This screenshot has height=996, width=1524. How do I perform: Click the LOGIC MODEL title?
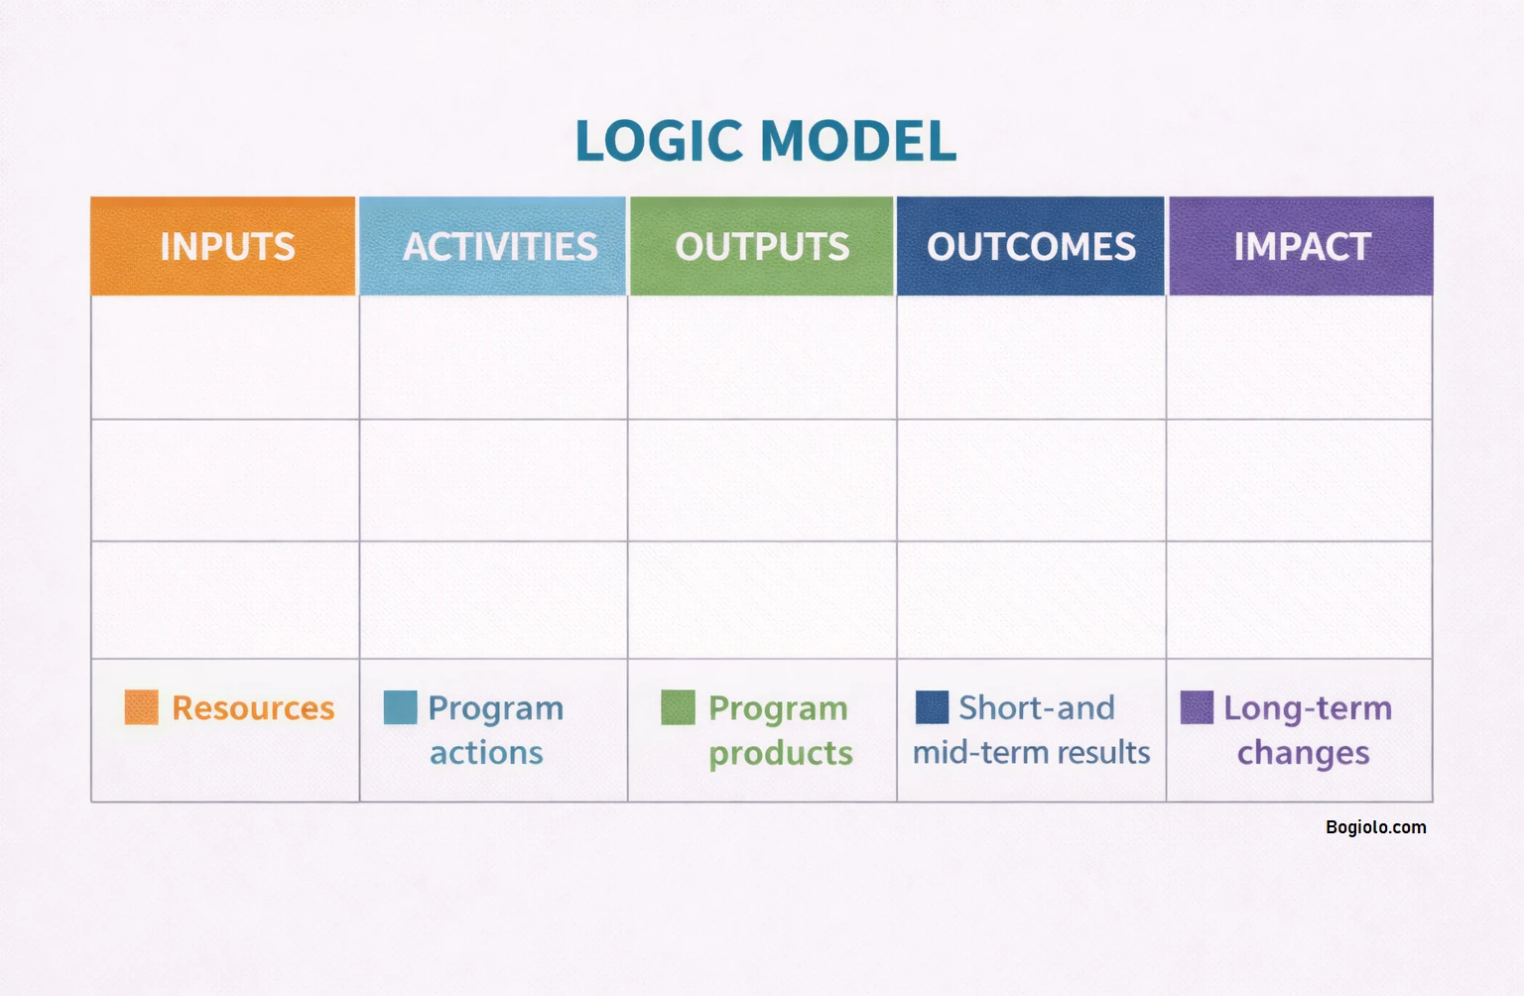click(765, 140)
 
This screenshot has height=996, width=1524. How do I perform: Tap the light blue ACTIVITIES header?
click(493, 246)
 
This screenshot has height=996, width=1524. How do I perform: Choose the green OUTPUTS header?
click(762, 246)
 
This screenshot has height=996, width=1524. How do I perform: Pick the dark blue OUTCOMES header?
click(1031, 246)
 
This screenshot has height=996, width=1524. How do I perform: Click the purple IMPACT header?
click(1301, 246)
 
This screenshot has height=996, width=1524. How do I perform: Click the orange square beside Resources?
click(141, 707)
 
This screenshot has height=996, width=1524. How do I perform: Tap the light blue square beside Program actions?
click(400, 707)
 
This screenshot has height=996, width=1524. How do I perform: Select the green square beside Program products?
click(678, 707)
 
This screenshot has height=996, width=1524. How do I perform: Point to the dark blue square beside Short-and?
click(932, 707)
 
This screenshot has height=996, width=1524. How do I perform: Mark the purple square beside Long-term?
click(1197, 707)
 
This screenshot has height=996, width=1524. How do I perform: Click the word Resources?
click(253, 708)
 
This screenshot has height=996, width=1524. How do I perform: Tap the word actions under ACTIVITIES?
click(486, 753)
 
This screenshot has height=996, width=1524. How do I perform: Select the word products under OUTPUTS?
click(781, 754)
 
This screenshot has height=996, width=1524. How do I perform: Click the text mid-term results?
click(1031, 753)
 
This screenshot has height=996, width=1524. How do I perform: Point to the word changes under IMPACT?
click(1303, 754)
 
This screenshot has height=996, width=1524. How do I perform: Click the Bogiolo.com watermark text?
click(1375, 827)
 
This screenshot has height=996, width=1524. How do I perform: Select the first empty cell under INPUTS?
click(225, 357)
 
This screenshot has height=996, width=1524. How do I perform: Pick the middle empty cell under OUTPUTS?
click(762, 480)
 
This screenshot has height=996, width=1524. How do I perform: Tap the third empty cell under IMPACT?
click(1300, 600)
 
